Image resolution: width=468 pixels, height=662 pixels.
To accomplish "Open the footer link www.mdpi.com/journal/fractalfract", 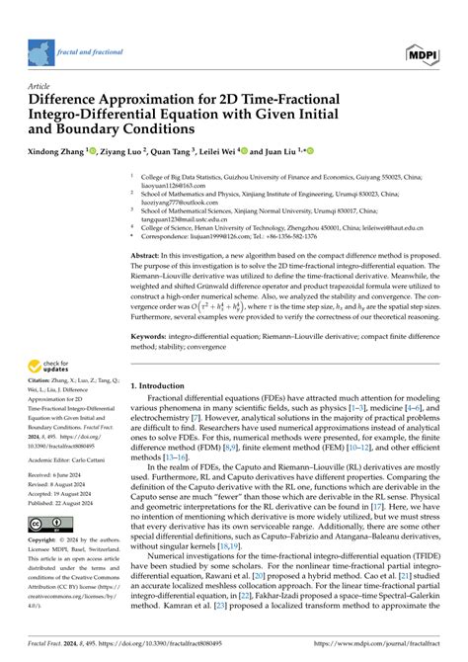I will pyautogui.click(x=386, y=652).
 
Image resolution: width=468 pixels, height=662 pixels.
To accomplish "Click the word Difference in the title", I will pyautogui.click(x=74, y=100).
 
